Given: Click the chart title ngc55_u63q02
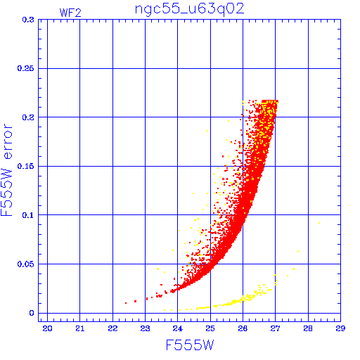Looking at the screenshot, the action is [x=189, y=9].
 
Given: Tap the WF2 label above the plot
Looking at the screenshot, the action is [x=70, y=13].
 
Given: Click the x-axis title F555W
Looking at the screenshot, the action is [x=190, y=345].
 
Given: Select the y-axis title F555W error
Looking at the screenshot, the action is [x=6, y=170].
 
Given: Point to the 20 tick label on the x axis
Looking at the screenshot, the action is [x=47, y=328].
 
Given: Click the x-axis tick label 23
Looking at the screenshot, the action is [x=145, y=328].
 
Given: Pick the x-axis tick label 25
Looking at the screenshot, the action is [x=210, y=328].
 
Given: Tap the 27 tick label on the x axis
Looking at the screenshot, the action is [x=275, y=328].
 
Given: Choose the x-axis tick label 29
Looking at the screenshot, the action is [x=340, y=328].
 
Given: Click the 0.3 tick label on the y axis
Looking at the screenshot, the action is [x=28, y=20].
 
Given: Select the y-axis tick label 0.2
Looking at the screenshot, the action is [x=28, y=117].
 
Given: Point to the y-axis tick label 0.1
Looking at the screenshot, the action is [x=28, y=215].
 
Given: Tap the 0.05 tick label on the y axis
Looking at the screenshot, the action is [x=26, y=264].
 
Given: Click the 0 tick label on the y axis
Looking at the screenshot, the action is [x=32, y=313].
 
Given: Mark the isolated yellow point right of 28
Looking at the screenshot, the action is [x=319, y=223].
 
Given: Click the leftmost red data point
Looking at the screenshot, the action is [x=126, y=303].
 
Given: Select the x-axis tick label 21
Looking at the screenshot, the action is [x=80, y=328].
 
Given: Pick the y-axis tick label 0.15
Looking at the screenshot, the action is [x=26, y=166].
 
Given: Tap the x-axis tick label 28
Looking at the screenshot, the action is [x=308, y=328].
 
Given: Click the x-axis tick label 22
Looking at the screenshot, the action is [x=112, y=328].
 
